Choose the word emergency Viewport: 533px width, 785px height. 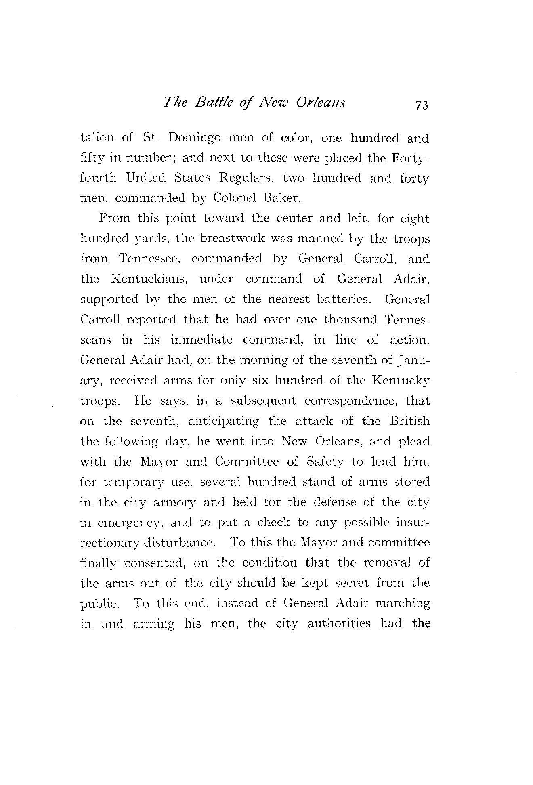[x=130, y=523]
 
